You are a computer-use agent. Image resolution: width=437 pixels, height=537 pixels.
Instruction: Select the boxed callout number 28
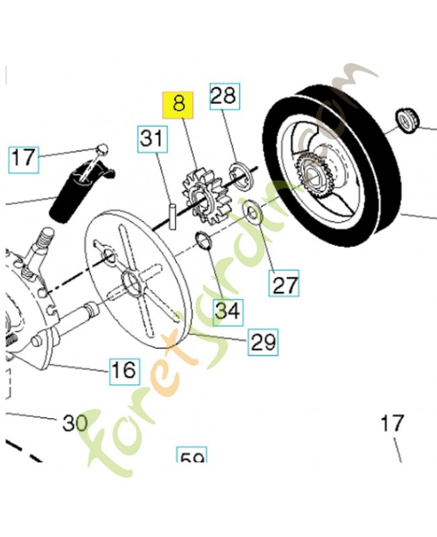[x=223, y=96]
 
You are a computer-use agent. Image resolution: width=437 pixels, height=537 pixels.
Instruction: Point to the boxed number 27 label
[x=285, y=284]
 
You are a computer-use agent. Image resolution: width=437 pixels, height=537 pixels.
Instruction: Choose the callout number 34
[x=228, y=311]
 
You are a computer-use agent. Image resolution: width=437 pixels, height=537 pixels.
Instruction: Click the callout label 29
[x=263, y=342]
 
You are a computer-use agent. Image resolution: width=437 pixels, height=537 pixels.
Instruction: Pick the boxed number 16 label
[x=125, y=369]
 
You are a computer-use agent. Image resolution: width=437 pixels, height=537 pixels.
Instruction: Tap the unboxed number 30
[x=75, y=423]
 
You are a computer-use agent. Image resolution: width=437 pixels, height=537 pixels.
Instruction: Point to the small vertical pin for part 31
[x=172, y=215]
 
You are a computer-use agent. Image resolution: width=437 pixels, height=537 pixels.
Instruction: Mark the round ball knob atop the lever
[x=103, y=148]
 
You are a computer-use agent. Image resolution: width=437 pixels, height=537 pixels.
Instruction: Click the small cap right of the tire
[x=409, y=119]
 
